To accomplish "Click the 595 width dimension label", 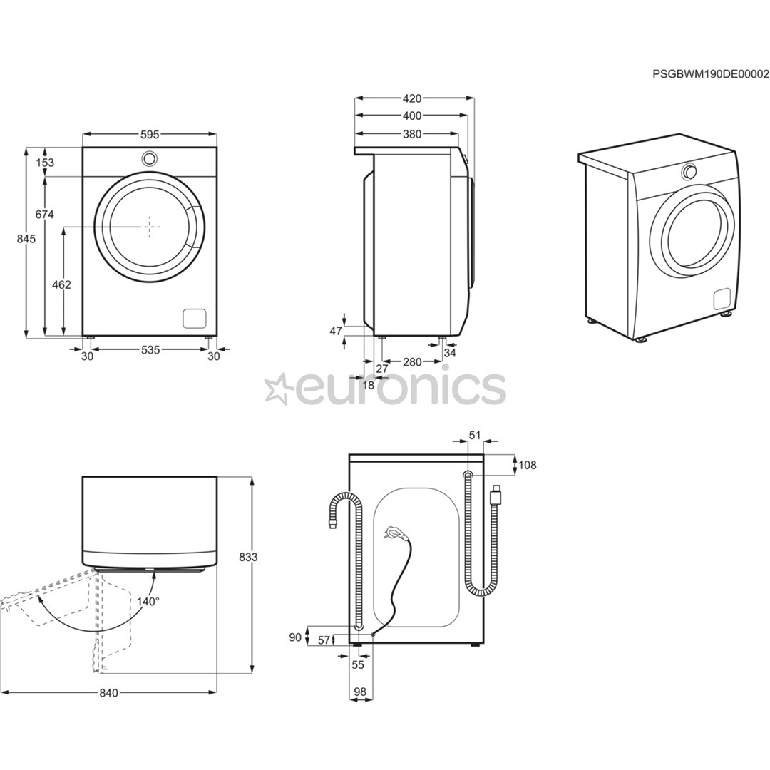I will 149,134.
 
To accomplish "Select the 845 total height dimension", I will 26,240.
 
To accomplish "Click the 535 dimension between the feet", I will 150,349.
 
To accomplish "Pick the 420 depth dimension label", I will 411,98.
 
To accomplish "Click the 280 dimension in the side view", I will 412,362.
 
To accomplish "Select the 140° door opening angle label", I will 148,601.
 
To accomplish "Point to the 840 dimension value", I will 108,693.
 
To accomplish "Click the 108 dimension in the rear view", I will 528,466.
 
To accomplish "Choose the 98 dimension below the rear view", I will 359,692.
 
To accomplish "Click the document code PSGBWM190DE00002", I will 711,73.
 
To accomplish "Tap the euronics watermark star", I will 277,389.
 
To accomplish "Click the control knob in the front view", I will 149,158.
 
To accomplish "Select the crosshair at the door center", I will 150,226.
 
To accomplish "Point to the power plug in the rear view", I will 393,532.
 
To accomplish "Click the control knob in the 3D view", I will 689,172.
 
